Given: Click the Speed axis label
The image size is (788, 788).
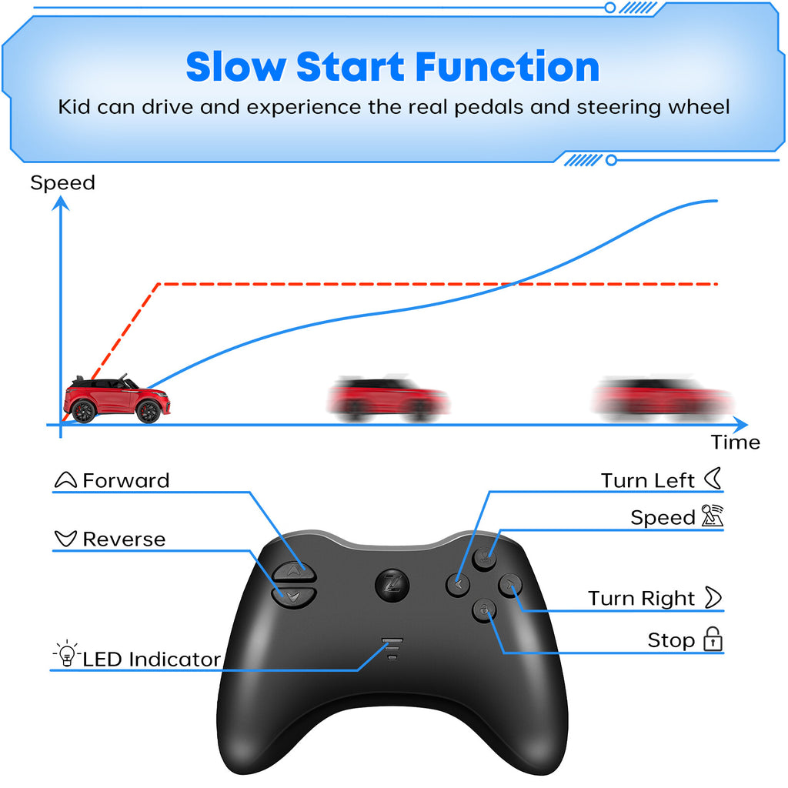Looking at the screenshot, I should [62, 183].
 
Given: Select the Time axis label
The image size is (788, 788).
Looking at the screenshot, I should [735, 442].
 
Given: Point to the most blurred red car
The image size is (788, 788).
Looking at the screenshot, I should [663, 400].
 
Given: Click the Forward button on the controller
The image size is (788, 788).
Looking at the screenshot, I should [293, 570].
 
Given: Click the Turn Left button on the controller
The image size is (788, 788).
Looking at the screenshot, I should [457, 585].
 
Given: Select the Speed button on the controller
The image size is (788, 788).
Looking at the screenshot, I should [484, 557].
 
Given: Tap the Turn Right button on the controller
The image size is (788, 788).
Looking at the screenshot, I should [510, 586].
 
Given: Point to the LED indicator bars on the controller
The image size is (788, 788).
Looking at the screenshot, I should [392, 648].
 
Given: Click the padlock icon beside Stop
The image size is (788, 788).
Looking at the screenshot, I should [713, 639].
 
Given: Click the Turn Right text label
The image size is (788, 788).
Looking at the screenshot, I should [642, 599].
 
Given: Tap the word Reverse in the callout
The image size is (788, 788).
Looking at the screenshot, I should [124, 539].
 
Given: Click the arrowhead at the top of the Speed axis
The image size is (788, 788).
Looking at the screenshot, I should [61, 203].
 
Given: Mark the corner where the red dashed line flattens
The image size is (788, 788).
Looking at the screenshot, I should [159, 285].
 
